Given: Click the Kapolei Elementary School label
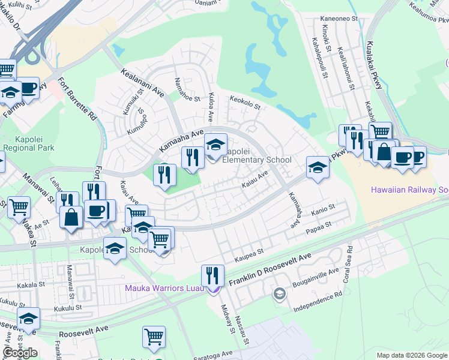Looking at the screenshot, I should coord(257,155).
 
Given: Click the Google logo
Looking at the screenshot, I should coord(20,353).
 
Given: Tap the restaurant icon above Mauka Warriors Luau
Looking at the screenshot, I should coord(212,275).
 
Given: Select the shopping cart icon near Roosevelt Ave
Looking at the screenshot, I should coord(154,337).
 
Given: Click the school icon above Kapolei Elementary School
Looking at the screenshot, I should coord(216,144).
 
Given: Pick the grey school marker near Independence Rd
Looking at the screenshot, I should coord(279,293).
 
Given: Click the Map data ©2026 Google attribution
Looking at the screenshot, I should coord(412,355).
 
